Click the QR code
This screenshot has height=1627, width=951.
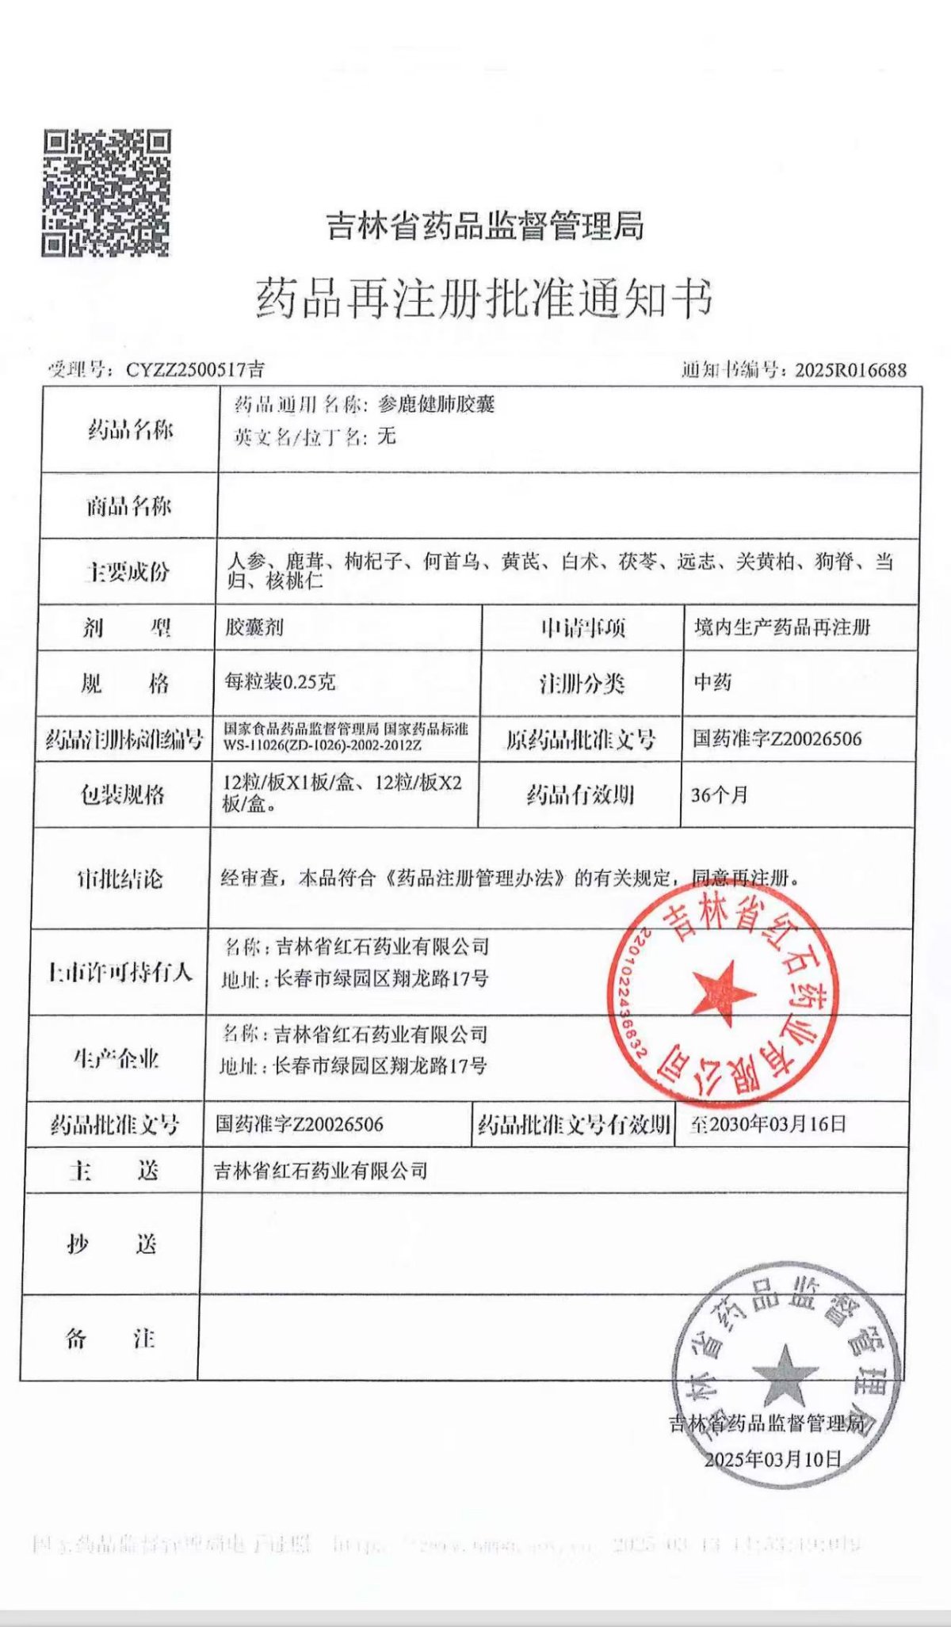(106, 193)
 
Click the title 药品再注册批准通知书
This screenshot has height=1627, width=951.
(484, 298)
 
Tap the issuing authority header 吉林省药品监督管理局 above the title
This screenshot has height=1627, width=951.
(485, 226)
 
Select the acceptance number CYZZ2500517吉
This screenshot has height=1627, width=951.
(195, 369)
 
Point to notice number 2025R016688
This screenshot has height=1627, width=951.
(850, 370)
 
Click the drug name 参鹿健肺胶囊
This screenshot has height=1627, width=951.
(437, 405)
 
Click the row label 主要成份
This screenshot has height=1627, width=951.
(128, 572)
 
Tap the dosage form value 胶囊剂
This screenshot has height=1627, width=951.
(254, 628)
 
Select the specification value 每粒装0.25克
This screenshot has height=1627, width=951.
(281, 682)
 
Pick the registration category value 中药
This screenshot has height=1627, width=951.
(712, 682)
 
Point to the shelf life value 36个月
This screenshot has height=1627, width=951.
(719, 794)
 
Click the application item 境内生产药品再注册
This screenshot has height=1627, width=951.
(782, 628)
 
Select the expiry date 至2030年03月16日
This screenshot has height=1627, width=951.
(768, 1124)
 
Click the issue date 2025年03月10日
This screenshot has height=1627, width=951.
(773, 1459)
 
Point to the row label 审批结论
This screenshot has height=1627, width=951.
(120, 878)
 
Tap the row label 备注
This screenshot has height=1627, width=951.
(109, 1339)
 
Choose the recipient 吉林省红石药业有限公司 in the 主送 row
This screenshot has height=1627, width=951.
(321, 1171)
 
